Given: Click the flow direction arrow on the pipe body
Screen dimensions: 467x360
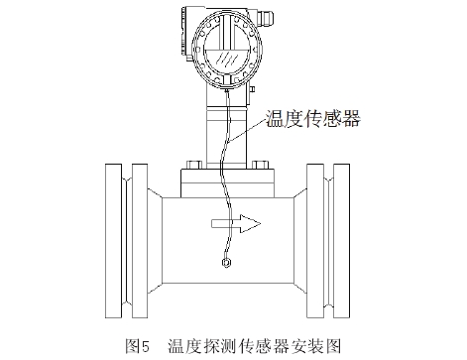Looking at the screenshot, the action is [236, 224].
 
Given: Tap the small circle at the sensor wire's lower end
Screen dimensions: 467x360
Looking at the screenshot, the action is [226, 263].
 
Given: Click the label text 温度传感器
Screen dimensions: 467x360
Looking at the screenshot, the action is [312, 118].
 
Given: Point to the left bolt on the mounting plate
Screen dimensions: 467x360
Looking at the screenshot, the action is [194, 165].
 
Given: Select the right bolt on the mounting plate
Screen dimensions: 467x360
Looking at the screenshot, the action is [260, 165].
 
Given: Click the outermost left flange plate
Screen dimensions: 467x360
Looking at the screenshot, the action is [113, 241].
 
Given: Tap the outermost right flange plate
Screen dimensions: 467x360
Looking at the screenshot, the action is [341, 241].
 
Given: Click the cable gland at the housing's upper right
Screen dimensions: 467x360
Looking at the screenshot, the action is [266, 19].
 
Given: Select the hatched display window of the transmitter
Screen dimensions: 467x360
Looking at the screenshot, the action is [226, 59].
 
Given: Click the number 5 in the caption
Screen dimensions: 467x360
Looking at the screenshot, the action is [146, 347].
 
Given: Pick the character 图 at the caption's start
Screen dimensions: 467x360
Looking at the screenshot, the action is [133, 347].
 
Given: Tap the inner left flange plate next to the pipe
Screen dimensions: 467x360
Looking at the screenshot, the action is [140, 241].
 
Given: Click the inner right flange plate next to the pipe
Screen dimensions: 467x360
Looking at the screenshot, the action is [314, 241].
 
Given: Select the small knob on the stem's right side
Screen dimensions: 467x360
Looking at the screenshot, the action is [252, 89].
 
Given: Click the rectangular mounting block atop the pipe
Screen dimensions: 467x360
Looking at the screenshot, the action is [227, 183].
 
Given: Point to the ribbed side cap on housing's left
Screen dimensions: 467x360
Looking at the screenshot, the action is [183, 33].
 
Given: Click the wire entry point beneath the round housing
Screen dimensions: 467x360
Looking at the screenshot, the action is [226, 89].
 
